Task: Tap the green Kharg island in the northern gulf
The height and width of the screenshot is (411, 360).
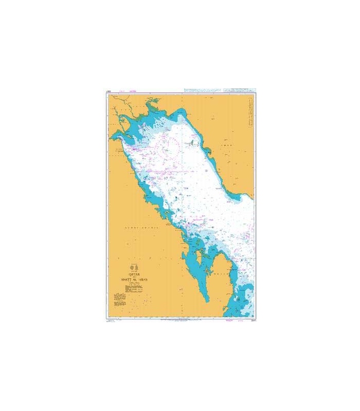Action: point(190,144)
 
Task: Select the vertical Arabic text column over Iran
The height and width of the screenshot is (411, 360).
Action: point(249,113)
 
